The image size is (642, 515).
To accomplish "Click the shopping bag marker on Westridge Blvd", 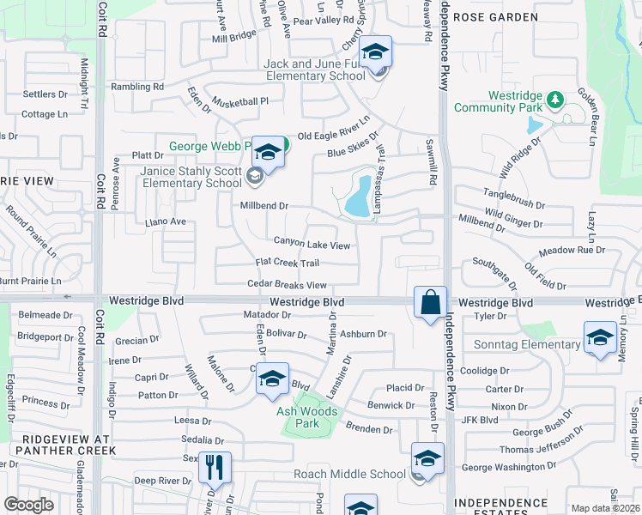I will pyautogui.click(x=430, y=302).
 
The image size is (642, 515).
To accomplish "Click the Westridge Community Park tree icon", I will pyautogui.click(x=554, y=100).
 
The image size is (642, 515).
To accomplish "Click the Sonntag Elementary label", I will pyautogui.click(x=527, y=345).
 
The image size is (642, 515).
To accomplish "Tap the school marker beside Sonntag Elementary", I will pyautogui.click(x=600, y=337).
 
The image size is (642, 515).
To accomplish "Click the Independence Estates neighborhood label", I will pyautogui.click(x=501, y=507).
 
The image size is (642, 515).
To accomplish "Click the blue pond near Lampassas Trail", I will pyautogui.click(x=357, y=197).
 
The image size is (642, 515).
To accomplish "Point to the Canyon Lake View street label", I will pyautogui.click(x=312, y=245).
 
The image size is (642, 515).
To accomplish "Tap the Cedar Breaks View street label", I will pyautogui.click(x=287, y=285).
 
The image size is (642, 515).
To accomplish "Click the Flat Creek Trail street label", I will pyautogui.click(x=288, y=263).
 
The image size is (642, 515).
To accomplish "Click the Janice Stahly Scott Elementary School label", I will pyautogui.click(x=191, y=177).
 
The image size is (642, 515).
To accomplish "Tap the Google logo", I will pyautogui.click(x=28, y=504).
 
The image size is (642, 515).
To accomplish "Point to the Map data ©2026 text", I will pyautogui.click(x=605, y=508).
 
